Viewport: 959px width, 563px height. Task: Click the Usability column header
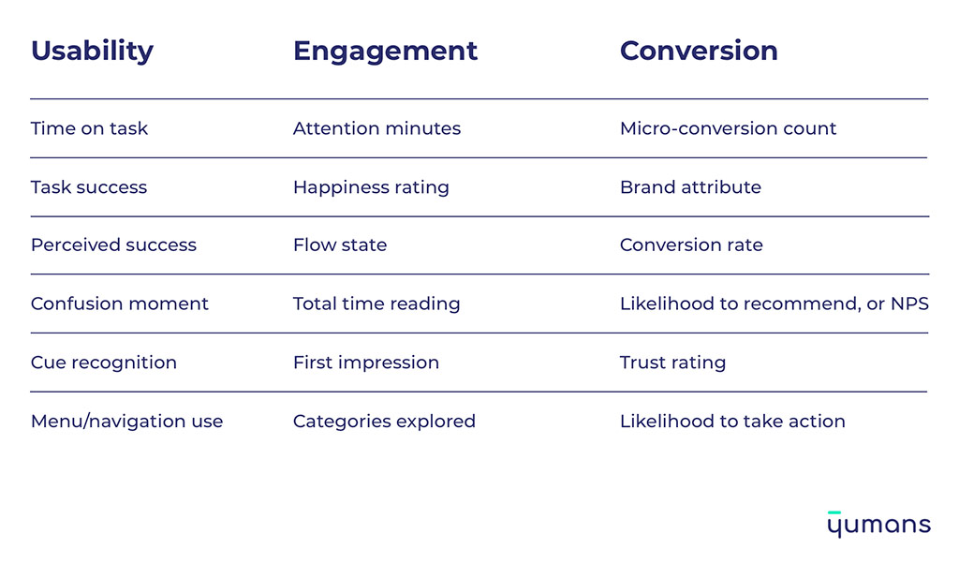[x=92, y=52]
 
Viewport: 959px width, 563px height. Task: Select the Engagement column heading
[x=385, y=52]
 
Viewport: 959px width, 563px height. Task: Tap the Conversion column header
[x=699, y=52]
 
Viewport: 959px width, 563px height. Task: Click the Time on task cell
[x=89, y=129]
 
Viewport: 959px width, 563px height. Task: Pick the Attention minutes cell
[x=376, y=129]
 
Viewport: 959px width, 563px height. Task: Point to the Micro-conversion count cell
[x=728, y=129]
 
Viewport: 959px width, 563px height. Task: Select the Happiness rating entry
[x=371, y=187]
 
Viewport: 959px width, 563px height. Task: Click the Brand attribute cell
[x=690, y=187]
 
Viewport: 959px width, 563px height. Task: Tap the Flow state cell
[x=339, y=245]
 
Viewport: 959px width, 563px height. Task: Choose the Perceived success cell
[x=113, y=245]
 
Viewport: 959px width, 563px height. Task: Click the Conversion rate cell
[x=691, y=245]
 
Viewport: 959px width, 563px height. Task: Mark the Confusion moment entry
[x=119, y=304]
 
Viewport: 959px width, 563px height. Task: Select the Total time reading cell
[x=376, y=304]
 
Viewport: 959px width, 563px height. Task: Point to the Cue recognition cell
[x=103, y=363]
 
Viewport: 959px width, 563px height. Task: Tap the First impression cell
[x=365, y=363]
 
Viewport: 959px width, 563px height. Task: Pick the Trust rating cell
[x=672, y=363]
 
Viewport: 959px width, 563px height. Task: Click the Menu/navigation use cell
[x=126, y=422]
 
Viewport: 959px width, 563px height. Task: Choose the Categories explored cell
[x=384, y=422]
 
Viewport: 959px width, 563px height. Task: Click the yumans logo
[x=878, y=525]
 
